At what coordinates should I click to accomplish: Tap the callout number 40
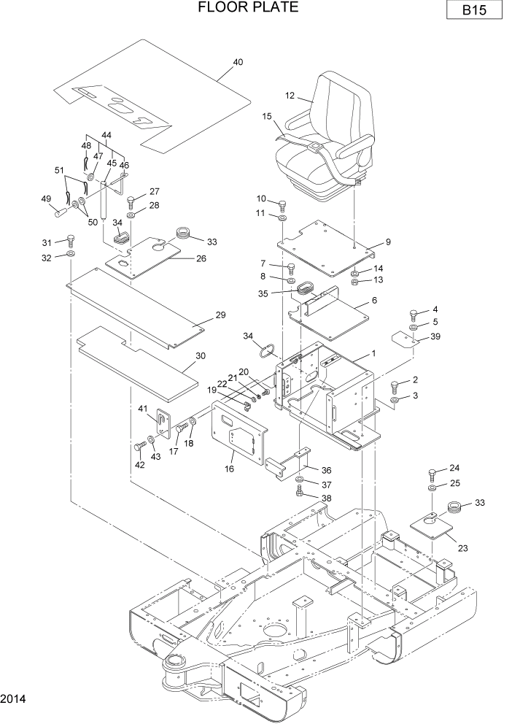point(238,62)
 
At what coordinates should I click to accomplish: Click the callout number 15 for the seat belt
point(266,116)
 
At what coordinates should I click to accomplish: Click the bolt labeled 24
point(433,471)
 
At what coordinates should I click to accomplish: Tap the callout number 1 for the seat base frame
point(373,353)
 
